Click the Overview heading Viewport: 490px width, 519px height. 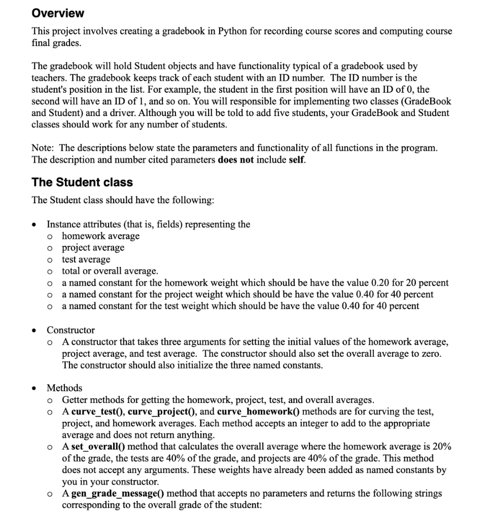pyautogui.click(x=58, y=13)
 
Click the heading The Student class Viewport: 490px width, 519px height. pyautogui.click(x=82, y=182)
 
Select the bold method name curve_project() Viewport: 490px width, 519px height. pyautogui.click(x=161, y=411)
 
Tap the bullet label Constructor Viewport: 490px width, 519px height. pyautogui.click(x=71, y=330)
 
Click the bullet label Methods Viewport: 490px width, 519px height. pyautogui.click(x=64, y=388)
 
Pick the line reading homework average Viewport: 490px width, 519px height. pyautogui.click(x=100, y=236)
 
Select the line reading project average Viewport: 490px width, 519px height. pyautogui.click(x=93, y=248)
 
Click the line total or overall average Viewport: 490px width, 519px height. pyautogui.click(x=110, y=271)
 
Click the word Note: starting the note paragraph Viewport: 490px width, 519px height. pyautogui.click(x=43, y=148)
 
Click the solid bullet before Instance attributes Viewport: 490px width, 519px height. pyautogui.click(x=34, y=225)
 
